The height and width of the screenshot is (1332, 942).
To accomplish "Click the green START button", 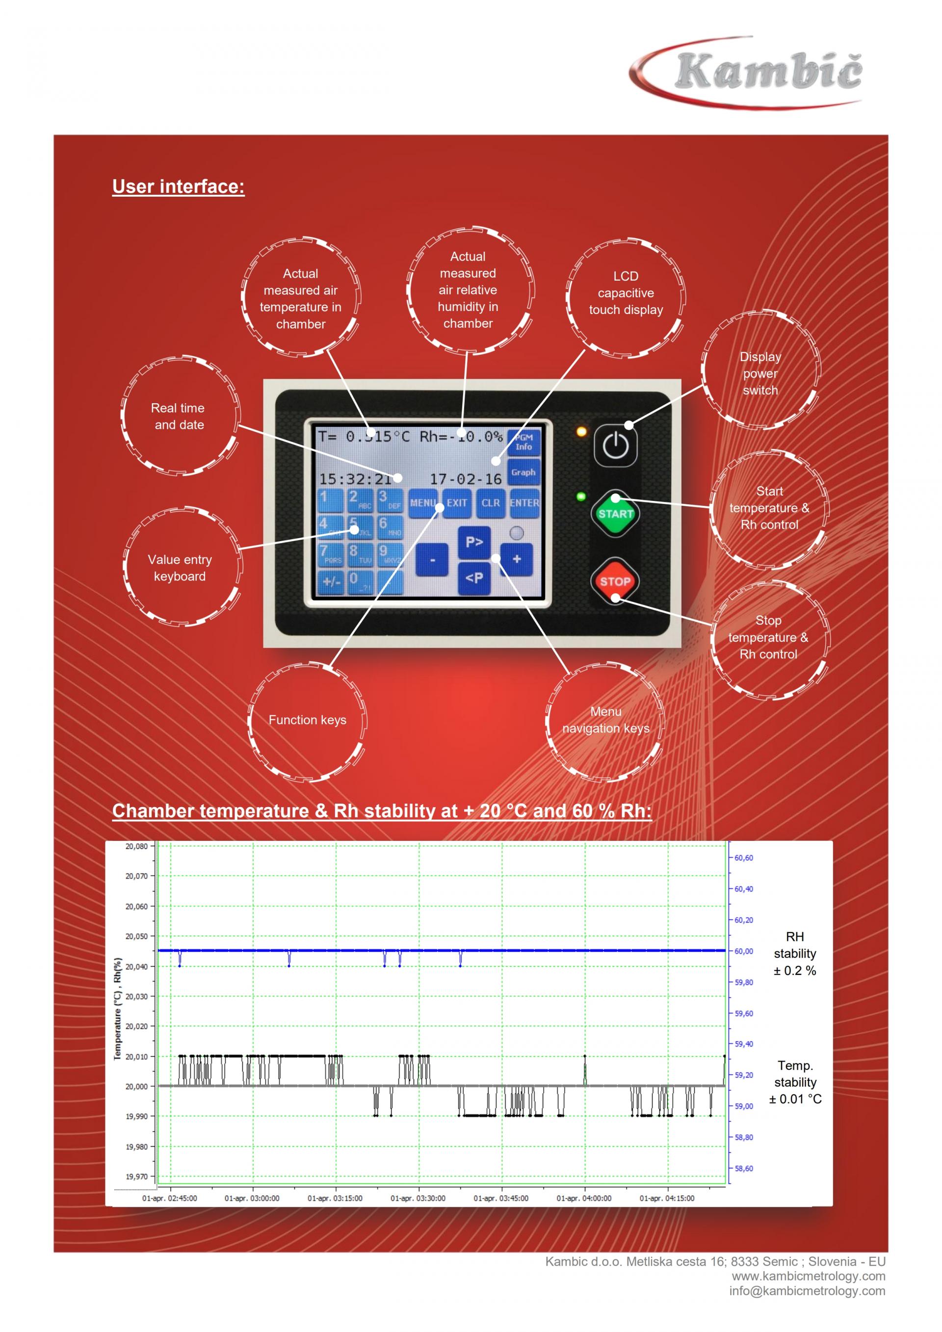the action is (615, 514).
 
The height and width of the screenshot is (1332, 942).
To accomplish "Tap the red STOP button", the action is (615, 581).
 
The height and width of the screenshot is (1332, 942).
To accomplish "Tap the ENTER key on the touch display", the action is (524, 503).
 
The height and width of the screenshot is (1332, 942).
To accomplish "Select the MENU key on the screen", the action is (423, 503).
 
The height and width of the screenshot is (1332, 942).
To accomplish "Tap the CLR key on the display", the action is (491, 503).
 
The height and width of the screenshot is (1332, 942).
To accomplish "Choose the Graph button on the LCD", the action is (523, 472).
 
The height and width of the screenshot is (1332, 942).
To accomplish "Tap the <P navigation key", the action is (474, 578).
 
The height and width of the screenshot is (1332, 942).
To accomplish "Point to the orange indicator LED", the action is (581, 432).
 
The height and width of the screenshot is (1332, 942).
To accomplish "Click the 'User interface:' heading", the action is (178, 187).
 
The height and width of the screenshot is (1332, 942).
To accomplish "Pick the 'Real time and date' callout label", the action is (179, 417).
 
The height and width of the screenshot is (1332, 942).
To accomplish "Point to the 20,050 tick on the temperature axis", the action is (137, 937).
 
